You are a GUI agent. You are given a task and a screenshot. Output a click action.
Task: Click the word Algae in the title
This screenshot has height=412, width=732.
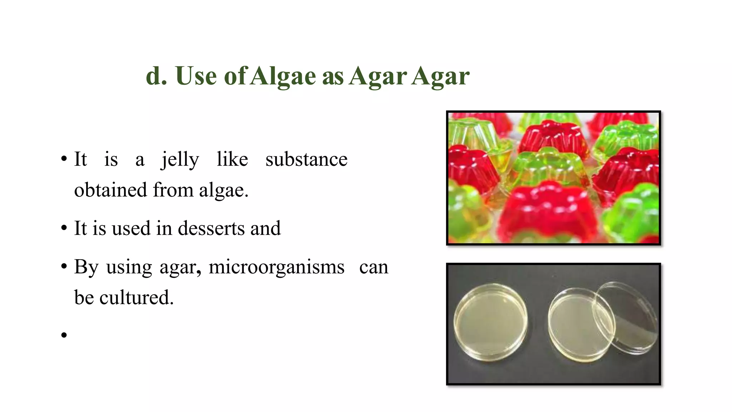(x=283, y=76)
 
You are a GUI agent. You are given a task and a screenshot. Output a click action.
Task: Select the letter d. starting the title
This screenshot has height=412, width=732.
(x=156, y=76)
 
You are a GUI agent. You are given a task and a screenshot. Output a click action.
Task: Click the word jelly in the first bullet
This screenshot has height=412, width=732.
(x=180, y=160)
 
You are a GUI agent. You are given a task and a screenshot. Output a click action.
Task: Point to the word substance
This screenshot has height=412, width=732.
(x=306, y=159)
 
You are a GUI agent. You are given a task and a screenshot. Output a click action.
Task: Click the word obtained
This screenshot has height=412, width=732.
(x=110, y=190)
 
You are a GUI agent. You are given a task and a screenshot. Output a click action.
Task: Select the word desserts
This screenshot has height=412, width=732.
(x=211, y=228)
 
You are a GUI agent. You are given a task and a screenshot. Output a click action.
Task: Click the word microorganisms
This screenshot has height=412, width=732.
(x=276, y=267)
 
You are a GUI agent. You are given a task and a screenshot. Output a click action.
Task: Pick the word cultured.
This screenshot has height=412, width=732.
(x=136, y=298)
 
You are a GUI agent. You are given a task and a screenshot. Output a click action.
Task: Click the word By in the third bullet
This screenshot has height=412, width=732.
(x=86, y=267)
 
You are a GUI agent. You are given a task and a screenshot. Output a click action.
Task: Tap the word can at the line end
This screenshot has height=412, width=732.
(x=374, y=267)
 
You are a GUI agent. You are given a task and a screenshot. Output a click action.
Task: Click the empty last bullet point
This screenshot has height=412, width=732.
(x=64, y=335)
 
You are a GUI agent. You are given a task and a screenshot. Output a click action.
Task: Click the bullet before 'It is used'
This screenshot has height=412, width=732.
(x=64, y=228)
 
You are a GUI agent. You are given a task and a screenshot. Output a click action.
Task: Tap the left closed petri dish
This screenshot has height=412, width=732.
(x=490, y=322)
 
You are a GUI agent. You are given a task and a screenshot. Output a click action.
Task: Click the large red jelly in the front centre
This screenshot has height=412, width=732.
(x=547, y=211)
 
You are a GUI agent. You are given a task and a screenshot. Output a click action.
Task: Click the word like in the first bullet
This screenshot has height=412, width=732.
(x=232, y=159)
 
